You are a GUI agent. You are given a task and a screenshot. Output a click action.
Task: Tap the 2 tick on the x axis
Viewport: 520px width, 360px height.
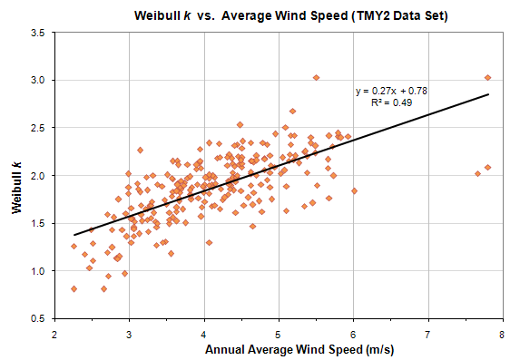tap(55, 333)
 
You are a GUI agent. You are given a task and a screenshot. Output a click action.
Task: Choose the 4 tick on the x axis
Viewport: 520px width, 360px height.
tap(204, 333)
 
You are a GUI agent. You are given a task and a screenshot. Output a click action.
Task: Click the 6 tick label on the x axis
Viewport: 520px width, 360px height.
tap(353, 333)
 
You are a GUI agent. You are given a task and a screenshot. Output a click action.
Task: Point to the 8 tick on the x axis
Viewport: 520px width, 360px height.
tap(502, 333)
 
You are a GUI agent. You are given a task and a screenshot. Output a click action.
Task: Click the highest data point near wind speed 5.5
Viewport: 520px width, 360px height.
tap(316, 78)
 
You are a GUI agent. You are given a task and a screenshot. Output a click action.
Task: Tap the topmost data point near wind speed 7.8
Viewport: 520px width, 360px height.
tap(487, 78)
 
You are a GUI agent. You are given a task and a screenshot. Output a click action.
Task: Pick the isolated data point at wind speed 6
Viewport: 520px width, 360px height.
tap(354, 190)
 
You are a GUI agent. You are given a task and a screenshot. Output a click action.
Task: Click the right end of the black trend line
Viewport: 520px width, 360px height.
tap(488, 94)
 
